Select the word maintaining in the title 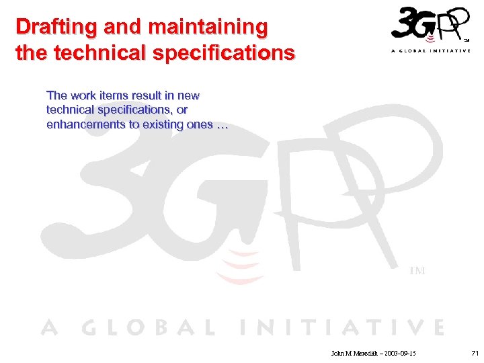pyautogui.click(x=208, y=28)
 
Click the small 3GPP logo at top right pyautogui.click(x=430, y=26)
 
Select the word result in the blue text pyautogui.click(x=149, y=95)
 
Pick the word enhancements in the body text pyautogui.click(x=87, y=124)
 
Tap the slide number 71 pyautogui.click(x=475, y=353)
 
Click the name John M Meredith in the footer pyautogui.click(x=355, y=353)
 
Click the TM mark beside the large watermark pyautogui.click(x=417, y=271)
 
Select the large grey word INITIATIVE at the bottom pyautogui.click(x=343, y=327)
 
